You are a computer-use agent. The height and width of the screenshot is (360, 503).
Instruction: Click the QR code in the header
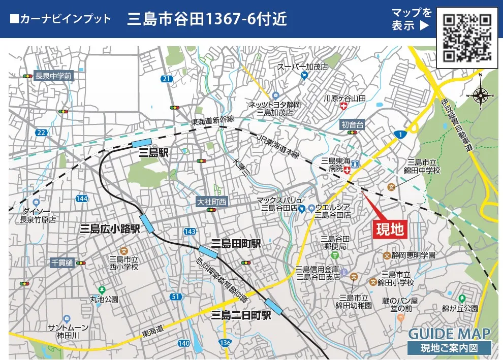pyautogui.click(x=467, y=37)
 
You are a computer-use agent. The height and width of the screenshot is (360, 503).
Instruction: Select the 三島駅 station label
pyautogui.click(x=155, y=152)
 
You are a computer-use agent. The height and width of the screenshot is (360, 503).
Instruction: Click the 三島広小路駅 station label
pyautogui.click(x=110, y=228)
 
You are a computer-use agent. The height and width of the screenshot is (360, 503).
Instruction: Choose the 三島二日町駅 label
pyautogui.click(x=241, y=315)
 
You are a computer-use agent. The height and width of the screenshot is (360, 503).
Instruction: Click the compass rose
pyautogui.click(x=481, y=94)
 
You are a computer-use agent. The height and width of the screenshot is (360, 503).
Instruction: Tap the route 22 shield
pyautogui.click(x=42, y=133)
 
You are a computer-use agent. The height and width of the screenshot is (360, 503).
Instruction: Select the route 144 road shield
pyautogui.click(x=82, y=198)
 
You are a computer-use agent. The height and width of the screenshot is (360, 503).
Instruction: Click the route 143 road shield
pyautogui.click(x=189, y=231)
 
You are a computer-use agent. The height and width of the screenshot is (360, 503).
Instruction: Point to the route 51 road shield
pyautogui.click(x=176, y=297)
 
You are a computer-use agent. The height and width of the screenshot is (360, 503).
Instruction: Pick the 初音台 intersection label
pyautogui.click(x=353, y=124)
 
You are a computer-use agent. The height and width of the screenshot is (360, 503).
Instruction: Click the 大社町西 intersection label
pyautogui.click(x=211, y=202)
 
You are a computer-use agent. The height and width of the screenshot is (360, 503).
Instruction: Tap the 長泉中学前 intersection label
pyautogui.click(x=53, y=76)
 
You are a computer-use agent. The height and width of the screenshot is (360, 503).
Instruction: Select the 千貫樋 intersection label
pyautogui.click(x=62, y=263)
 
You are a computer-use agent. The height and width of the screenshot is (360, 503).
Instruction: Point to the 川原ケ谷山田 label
pyautogui.click(x=344, y=97)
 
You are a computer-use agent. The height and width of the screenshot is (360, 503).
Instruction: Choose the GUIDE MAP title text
pyautogui.click(x=450, y=334)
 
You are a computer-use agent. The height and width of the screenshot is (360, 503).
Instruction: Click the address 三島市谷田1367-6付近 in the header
pyautogui.click(x=207, y=19)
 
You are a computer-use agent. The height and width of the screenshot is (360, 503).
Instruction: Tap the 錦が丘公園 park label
pyautogui.click(x=460, y=308)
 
